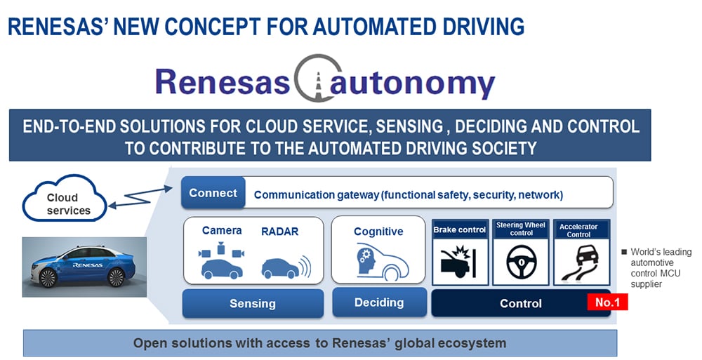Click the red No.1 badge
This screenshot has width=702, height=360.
click(x=607, y=302)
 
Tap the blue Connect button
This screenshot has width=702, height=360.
click(x=213, y=193)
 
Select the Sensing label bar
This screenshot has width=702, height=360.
click(x=252, y=303)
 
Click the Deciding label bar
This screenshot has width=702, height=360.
click(x=379, y=302)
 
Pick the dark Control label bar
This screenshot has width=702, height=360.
click(x=520, y=303)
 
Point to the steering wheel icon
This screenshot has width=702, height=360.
click(x=520, y=262)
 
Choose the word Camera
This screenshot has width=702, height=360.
click(x=222, y=231)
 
